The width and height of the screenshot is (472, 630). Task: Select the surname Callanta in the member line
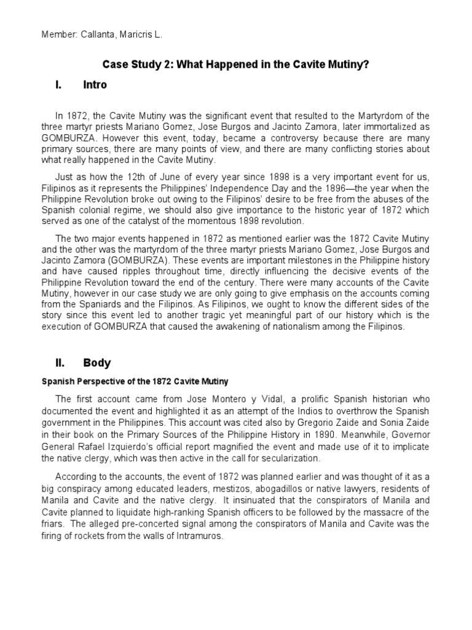coord(100,35)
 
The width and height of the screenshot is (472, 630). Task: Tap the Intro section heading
coord(95,85)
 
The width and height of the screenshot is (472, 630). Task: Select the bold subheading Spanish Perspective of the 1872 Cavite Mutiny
coord(135,381)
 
